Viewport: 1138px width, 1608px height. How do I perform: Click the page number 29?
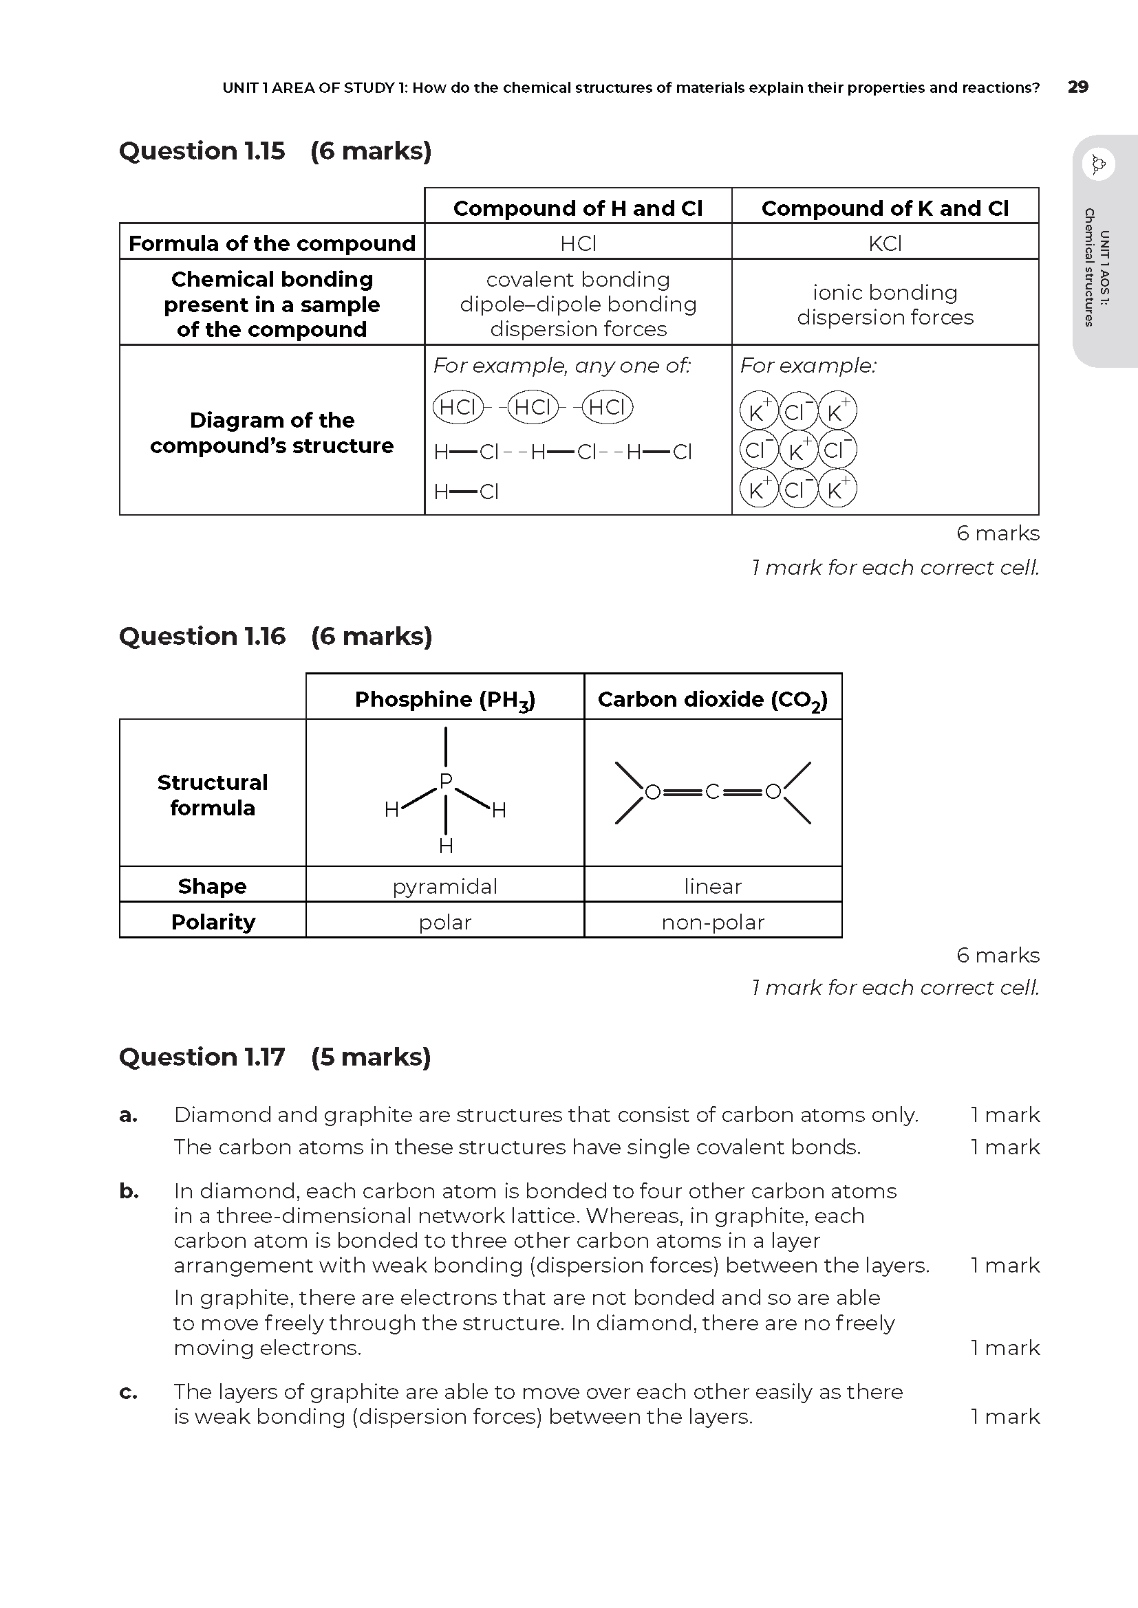point(1077,87)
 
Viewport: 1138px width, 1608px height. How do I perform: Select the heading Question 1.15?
point(202,151)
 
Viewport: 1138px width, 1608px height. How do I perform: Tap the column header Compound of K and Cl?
point(884,208)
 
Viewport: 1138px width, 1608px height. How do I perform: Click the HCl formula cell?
point(578,243)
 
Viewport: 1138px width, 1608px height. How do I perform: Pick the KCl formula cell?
point(884,243)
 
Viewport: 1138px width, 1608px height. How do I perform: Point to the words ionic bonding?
point(884,292)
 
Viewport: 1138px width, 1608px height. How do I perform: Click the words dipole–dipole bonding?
point(578,304)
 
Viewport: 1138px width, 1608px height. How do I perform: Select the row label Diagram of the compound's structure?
point(272,433)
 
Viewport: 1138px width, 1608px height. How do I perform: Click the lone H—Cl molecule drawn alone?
point(466,492)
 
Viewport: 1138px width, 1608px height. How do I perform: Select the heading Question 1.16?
point(202,637)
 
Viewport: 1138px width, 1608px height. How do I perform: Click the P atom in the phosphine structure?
point(446,781)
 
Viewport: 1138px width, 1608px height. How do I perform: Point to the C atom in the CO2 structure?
point(713,792)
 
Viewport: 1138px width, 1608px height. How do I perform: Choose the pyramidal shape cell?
point(445,886)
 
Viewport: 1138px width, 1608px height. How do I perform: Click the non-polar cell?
point(713,923)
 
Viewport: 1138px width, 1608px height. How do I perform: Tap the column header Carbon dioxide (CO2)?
point(713,699)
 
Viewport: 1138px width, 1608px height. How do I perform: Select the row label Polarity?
point(213,922)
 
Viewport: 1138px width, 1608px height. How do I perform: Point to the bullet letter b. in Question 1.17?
point(128,1191)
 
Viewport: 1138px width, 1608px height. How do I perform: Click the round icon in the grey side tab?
point(1098,165)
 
